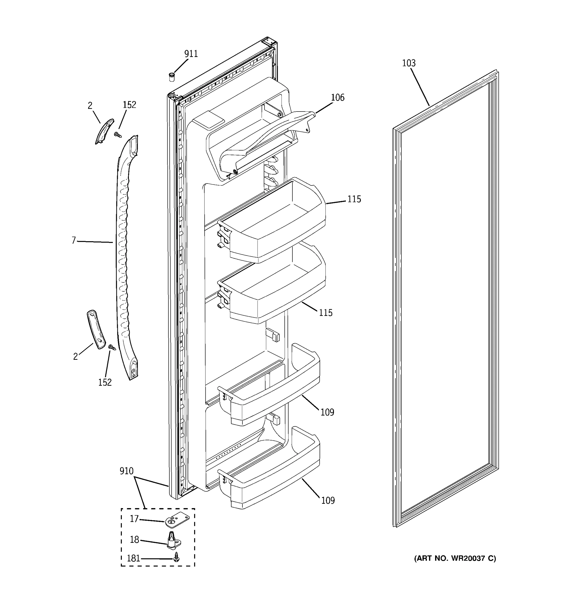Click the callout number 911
191,54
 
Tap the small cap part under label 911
172,77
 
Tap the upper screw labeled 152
118,134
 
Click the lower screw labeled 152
112,348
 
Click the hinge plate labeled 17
177,520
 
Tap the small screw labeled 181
177,557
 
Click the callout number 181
133,558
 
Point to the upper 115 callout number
354,199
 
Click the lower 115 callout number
326,313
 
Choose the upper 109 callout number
327,412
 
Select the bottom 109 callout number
328,501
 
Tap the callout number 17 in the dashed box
134,518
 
